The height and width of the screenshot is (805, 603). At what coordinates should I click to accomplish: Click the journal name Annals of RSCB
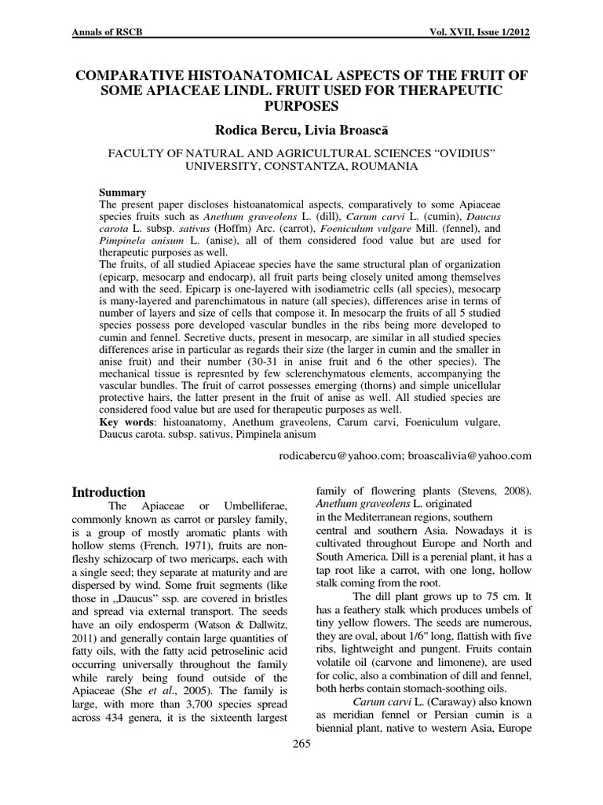click(x=107, y=34)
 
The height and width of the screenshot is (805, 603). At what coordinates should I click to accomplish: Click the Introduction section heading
click(x=108, y=492)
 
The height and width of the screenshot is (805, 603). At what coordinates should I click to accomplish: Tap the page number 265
click(x=301, y=744)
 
